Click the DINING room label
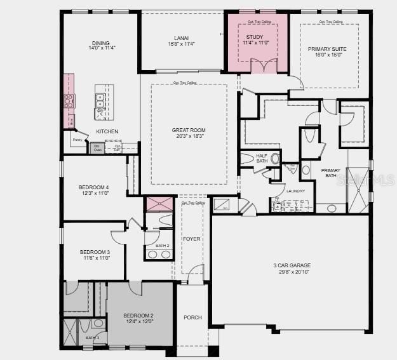100,43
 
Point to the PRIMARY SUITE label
328,49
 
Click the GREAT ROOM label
189,130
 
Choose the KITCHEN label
107,131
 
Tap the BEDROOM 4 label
93,187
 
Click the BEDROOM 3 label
94,252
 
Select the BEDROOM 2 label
138,316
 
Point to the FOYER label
192,239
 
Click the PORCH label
192,317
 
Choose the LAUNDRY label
295,190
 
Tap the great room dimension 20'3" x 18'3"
189,137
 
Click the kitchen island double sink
100,99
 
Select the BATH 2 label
163,245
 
